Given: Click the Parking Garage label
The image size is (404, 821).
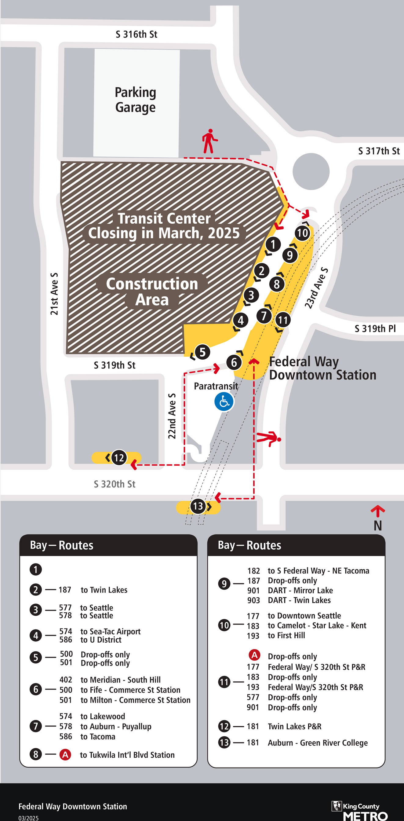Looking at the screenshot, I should click(x=135, y=100).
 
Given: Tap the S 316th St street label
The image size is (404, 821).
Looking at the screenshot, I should click(x=136, y=35).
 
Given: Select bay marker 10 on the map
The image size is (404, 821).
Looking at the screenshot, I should click(x=302, y=233).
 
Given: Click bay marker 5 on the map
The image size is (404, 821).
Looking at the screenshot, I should click(x=202, y=352).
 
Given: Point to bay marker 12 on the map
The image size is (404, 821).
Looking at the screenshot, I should click(x=119, y=458).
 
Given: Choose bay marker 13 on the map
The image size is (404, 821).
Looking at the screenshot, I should click(x=198, y=506).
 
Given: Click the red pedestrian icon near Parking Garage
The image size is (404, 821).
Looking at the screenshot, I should click(x=209, y=141).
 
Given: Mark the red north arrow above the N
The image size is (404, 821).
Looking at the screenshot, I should click(x=377, y=511).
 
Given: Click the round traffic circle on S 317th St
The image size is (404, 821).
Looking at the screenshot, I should click(x=311, y=171).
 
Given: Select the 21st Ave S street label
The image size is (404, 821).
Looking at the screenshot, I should click(x=54, y=294).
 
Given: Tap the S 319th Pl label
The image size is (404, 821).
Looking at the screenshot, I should click(x=375, y=328).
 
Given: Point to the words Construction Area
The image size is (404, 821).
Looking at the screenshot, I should click(x=152, y=291).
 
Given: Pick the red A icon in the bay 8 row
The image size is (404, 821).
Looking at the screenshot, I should click(x=65, y=754).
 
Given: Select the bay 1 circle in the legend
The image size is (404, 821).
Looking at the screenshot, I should click(x=36, y=570).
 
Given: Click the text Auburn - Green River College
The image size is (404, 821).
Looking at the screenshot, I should click(x=318, y=742).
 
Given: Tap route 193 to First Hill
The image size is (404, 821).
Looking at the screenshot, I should click(x=276, y=635).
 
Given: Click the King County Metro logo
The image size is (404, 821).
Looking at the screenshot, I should click(x=359, y=810).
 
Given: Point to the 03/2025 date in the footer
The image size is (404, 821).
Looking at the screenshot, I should click(x=28, y=818).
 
